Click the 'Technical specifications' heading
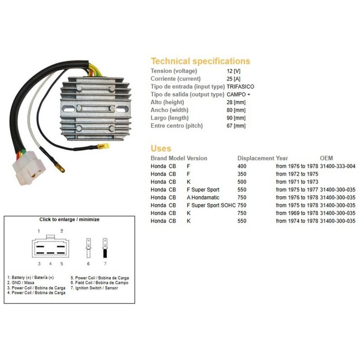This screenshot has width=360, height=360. point(200,61)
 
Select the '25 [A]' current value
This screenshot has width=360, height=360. point(234,79)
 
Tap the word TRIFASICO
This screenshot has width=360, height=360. point(240,86)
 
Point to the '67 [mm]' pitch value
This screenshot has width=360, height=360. point(236,126)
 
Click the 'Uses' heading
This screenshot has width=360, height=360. point(161,148)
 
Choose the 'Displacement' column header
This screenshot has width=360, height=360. point(256,158)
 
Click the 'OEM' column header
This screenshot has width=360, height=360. point(326,158)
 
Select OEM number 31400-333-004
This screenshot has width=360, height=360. point(338,166)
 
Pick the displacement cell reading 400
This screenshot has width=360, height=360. point(242,166)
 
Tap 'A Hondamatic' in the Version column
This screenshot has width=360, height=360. point(203,198)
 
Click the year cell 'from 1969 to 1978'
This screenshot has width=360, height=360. point(297,213)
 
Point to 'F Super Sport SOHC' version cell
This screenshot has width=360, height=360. point(211,205)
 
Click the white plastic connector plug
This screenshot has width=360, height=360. point(29,168)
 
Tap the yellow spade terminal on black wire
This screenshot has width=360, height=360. point(103,146)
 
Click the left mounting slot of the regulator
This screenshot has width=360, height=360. point(68,109)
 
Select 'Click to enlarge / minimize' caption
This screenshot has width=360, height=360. point(69,219)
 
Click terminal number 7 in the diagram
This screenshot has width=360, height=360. point(105,263)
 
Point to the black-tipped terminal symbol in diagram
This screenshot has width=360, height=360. point(105,248)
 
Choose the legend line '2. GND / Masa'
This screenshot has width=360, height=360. point(21,283)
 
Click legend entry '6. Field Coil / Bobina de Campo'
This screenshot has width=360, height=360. point(99,283)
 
